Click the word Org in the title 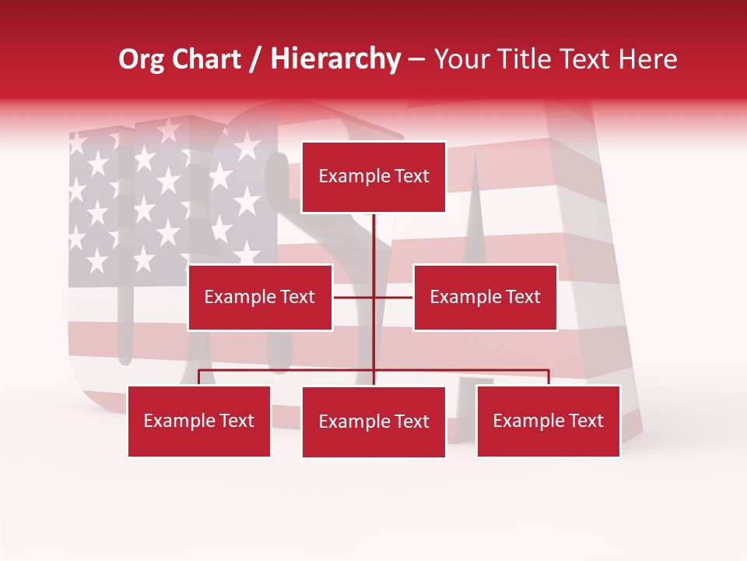click(141, 59)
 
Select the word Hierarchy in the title click(335, 59)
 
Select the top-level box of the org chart click(373, 177)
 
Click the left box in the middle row click(260, 297)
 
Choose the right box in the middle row click(485, 297)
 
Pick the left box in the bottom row click(199, 421)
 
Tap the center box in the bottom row click(373, 422)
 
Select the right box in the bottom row click(548, 421)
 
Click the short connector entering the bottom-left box click(199, 377)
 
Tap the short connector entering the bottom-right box click(549, 377)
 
